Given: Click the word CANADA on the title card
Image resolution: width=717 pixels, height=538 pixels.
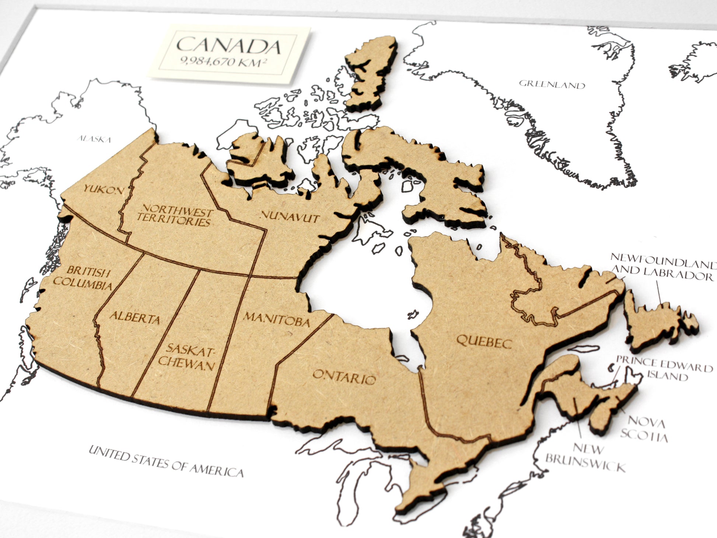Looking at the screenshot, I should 228,46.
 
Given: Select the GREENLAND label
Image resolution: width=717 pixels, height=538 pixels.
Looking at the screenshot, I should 552,85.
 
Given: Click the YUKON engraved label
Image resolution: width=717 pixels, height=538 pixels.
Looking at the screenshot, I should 104,190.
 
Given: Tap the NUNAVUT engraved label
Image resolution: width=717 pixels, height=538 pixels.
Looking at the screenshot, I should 290,217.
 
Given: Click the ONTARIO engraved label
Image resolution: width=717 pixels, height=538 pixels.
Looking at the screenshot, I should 344,377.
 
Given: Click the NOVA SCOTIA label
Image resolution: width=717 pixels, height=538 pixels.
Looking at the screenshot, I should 645,428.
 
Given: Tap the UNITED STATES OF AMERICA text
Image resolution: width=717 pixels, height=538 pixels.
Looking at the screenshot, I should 166,461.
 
